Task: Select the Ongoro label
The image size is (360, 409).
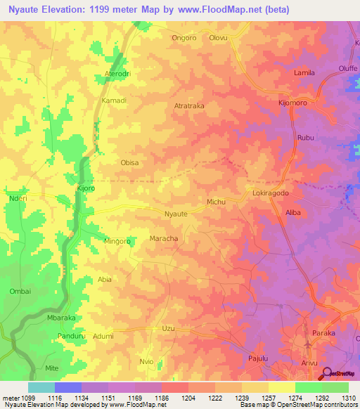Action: [184, 39]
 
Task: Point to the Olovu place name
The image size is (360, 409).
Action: [219, 39]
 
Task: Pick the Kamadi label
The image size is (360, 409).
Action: [114, 100]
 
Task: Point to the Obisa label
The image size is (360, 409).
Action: [130, 162]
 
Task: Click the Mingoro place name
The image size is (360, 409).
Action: [117, 241]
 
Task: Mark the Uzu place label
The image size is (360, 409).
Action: [167, 328]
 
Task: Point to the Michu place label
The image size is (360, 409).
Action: [216, 202]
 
